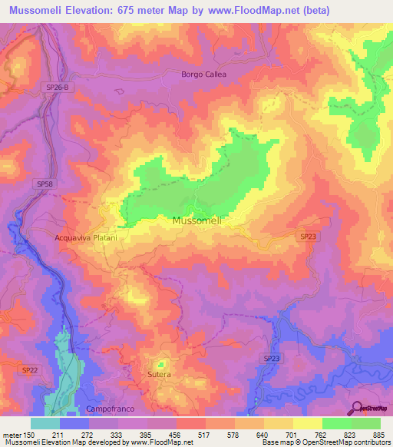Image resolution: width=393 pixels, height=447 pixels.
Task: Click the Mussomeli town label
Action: click(x=197, y=220)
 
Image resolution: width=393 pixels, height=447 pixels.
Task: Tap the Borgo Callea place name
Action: click(x=204, y=74)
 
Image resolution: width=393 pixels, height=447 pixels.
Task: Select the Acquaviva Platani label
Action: click(x=86, y=238)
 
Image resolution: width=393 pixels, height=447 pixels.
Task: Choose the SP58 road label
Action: click(x=45, y=185)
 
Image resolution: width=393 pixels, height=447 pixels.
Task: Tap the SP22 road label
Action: click(x=29, y=369)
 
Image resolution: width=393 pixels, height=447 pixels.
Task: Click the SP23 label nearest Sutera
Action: click(x=272, y=359)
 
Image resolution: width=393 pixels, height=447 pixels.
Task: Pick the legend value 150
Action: click(x=31, y=434)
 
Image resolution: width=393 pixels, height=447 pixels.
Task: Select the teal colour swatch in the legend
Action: click(x=45, y=423)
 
